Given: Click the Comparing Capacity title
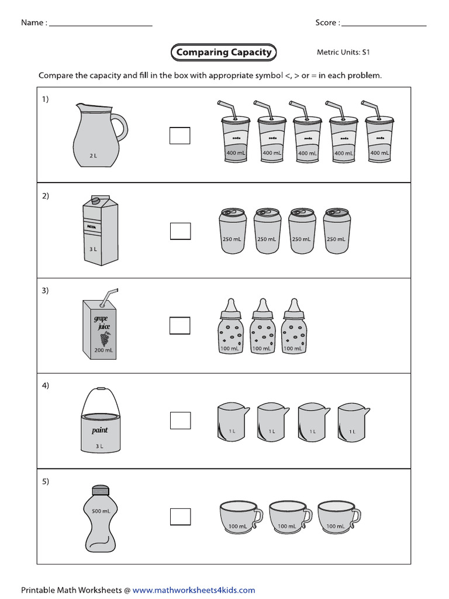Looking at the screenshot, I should point(223,52).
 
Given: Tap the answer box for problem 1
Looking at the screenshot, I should point(180,135).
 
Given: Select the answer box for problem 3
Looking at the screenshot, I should point(180,325).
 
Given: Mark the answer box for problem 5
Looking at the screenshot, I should point(180,516).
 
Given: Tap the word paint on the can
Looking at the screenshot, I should point(100,430).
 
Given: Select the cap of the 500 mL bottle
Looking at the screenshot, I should point(101,491).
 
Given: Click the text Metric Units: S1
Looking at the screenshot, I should point(343,53).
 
